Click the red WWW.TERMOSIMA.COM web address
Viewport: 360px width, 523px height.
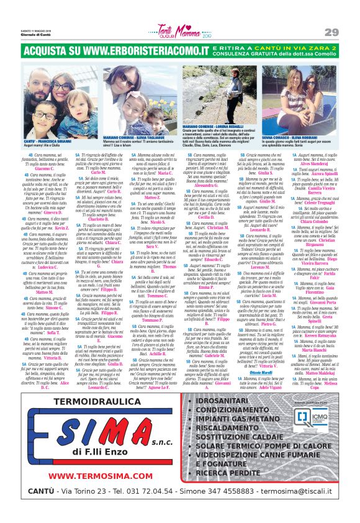pos(88,476)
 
